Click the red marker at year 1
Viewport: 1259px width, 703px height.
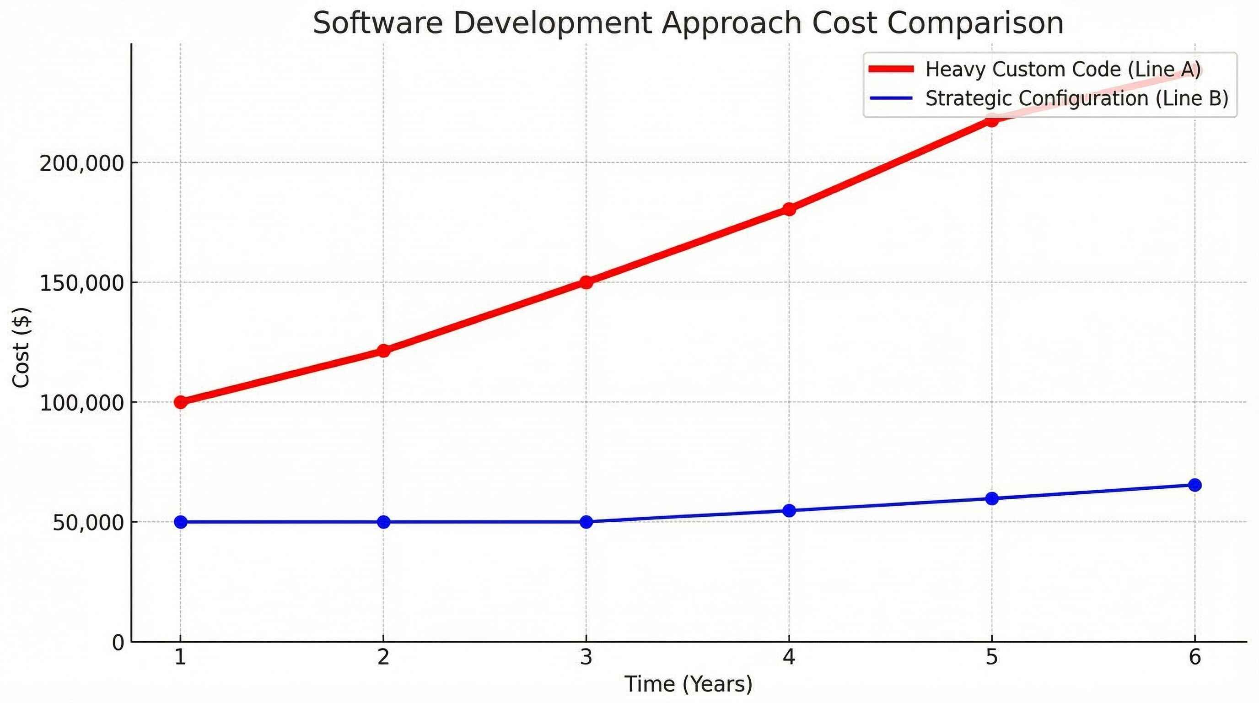coord(180,402)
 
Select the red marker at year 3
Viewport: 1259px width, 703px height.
coord(586,282)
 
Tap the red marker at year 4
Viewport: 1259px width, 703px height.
coord(789,209)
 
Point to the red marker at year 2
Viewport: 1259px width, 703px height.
coord(384,351)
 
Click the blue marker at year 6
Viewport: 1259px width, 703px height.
coord(1194,485)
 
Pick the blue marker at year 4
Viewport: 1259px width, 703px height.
coord(789,510)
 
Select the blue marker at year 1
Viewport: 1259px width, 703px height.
coord(180,522)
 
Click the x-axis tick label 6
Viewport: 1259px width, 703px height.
coord(1194,657)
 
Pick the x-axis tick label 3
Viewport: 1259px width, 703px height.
coord(586,657)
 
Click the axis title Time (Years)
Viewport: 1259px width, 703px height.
coord(688,684)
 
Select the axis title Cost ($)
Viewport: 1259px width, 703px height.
coord(22,347)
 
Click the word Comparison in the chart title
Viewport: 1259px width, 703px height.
coord(975,23)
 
